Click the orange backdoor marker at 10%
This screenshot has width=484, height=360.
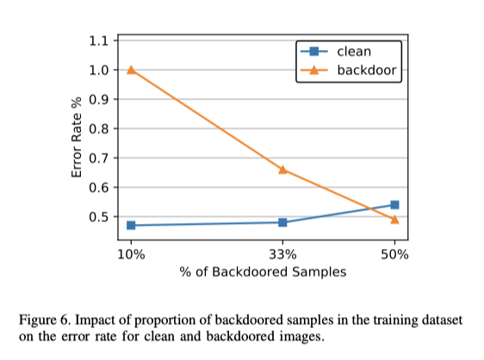(131, 69)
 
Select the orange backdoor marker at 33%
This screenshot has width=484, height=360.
(282, 169)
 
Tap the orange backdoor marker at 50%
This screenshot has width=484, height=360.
(394, 219)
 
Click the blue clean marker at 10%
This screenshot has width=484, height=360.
(131, 225)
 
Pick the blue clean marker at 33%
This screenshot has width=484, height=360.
(282, 222)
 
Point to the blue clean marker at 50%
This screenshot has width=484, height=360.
(394, 205)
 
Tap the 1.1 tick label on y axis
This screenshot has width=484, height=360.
(102, 40)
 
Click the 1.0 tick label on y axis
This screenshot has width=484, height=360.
(102, 70)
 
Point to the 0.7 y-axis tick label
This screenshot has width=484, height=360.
(102, 158)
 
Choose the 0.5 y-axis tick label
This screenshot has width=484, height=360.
(102, 216)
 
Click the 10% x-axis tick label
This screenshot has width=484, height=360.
(131, 255)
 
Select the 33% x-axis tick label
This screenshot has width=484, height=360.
(282, 255)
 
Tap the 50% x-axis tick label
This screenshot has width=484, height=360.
(394, 255)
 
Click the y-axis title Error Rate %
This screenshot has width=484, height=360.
(77, 139)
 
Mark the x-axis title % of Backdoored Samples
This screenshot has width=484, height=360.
(263, 273)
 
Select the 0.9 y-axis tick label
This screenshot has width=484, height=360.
(102, 99)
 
